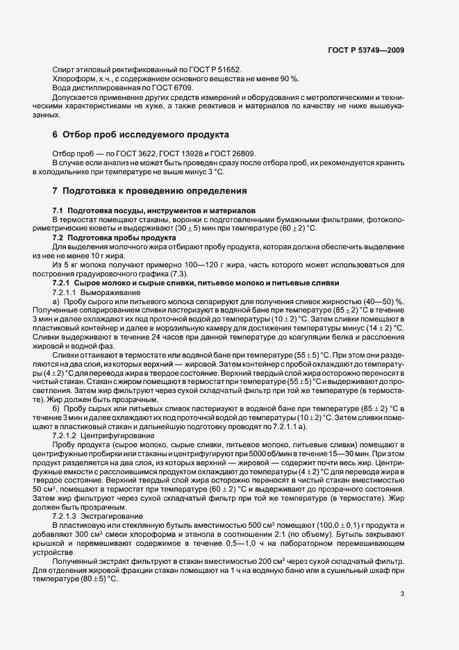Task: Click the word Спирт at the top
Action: point(64,69)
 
